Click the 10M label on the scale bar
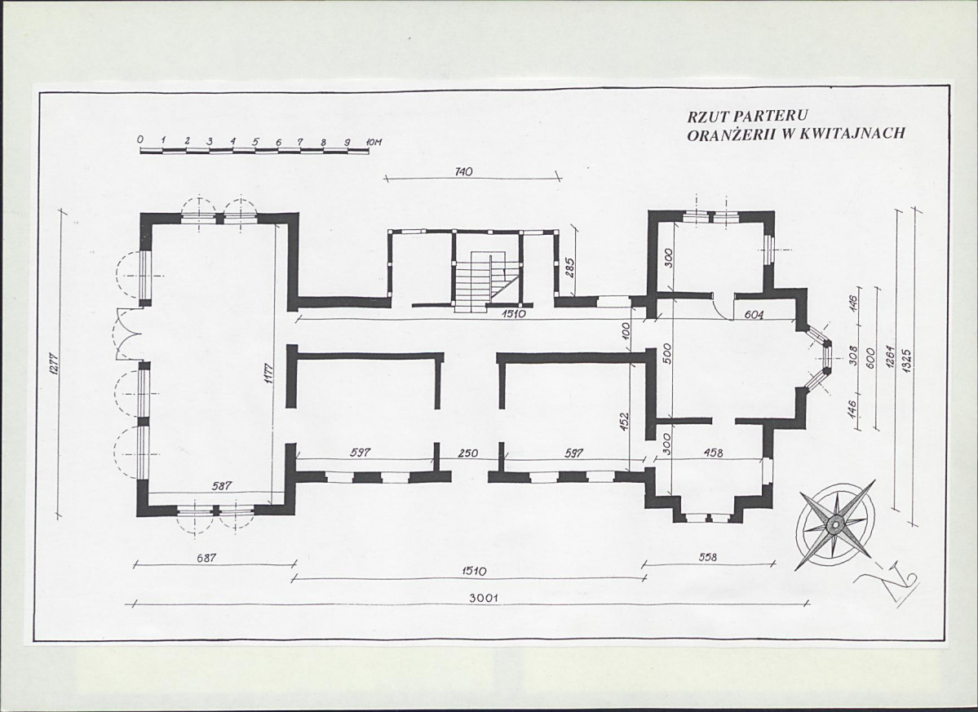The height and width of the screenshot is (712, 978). click(374, 142)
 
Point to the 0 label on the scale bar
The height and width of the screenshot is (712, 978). click(141, 139)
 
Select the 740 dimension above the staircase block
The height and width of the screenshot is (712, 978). click(464, 171)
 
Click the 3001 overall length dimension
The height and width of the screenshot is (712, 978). click(483, 598)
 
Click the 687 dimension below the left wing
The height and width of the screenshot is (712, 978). click(206, 558)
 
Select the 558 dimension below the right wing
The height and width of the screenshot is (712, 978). click(707, 557)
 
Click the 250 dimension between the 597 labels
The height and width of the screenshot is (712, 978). click(468, 453)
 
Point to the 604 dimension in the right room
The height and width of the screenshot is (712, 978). click(754, 315)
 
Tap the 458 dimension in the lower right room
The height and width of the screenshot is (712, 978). click(712, 453)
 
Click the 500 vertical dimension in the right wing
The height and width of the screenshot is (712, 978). click(666, 354)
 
